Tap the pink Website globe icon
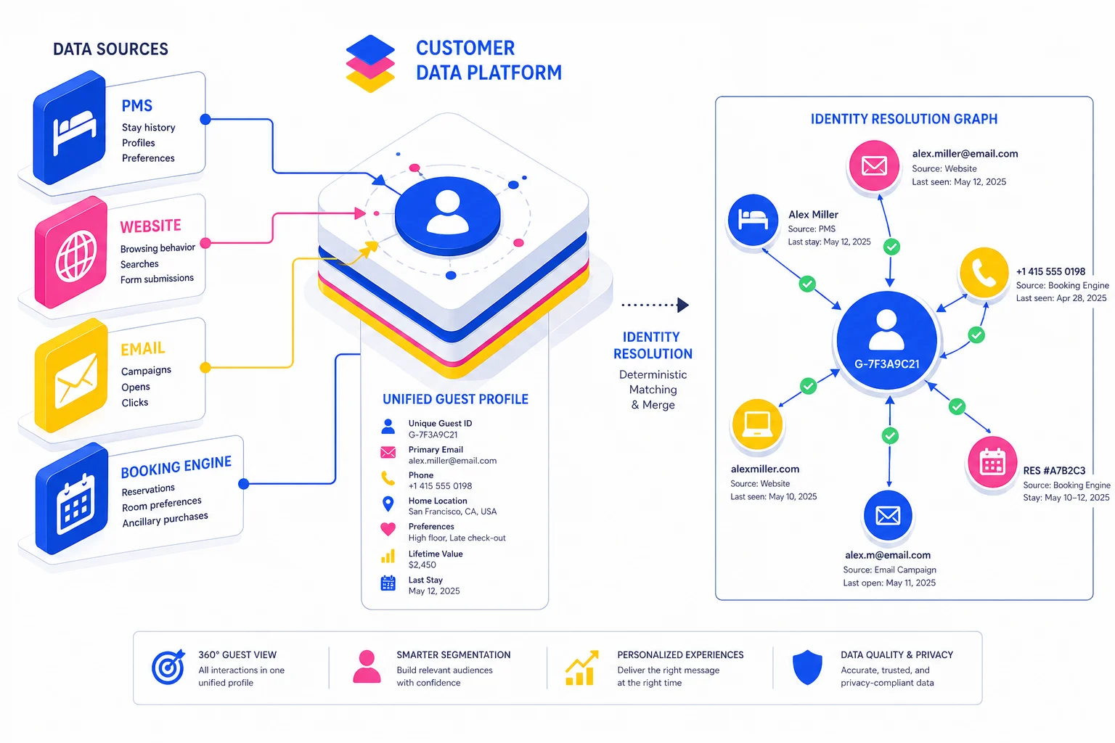tap(74, 254)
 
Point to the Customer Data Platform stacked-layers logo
tap(370, 63)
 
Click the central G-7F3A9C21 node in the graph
tap(886, 340)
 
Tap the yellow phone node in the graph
tap(984, 273)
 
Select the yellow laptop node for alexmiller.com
tap(757, 424)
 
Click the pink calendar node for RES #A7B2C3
tap(992, 462)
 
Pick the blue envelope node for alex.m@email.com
tap(888, 516)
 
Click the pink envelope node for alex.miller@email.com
tap(874, 166)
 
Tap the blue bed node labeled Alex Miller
tap(753, 219)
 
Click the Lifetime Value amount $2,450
tap(422, 565)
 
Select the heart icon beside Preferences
tap(388, 530)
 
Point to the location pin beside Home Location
tap(388, 504)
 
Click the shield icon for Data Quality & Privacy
tap(806, 668)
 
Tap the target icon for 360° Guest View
tap(168, 668)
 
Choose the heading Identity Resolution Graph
tap(904, 119)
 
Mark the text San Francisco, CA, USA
tap(452, 512)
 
